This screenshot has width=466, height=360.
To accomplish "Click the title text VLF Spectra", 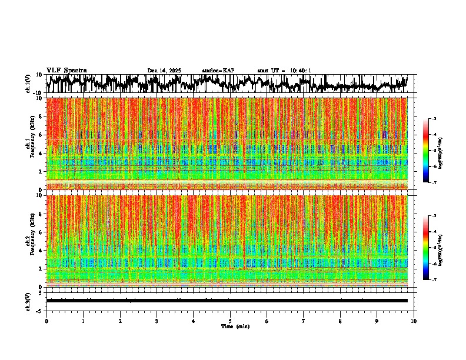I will coord(66,71).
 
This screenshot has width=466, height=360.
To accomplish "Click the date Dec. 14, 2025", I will coord(164,71).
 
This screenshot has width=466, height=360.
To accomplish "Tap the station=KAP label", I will coord(218,71).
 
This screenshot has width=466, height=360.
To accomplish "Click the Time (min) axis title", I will coord(235,326).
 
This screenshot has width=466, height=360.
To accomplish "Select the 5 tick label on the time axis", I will coord(230,321).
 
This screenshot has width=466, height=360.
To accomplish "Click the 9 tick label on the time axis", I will coord(377,321).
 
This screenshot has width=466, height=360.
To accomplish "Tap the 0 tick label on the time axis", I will coord(46,321).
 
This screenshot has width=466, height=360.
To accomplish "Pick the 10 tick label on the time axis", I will coord(414,321).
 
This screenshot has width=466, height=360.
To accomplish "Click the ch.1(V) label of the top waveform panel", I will coord(28,84).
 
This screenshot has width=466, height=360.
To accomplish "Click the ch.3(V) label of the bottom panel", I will coord(28,301).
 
